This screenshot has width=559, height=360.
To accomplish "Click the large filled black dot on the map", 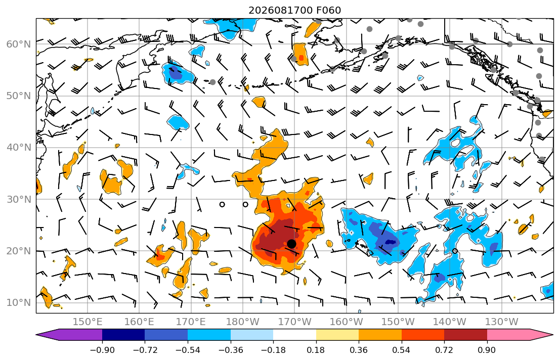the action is point(291,244).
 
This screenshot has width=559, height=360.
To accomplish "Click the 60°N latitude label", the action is point(19,44).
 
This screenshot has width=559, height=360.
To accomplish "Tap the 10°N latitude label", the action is point(19,303).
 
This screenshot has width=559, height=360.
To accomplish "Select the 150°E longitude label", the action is point(88,322).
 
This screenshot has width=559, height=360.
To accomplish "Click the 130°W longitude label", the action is point(502,322).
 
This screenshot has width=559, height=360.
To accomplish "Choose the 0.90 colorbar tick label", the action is point(487,350).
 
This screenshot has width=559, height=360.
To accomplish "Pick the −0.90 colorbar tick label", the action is point(102,350).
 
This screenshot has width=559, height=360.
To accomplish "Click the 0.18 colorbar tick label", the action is point(316,350).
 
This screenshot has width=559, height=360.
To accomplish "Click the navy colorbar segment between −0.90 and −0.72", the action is point(123,335).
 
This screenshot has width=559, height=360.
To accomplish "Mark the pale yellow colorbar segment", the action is point(337,335).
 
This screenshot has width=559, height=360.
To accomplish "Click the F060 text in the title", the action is point(329,10).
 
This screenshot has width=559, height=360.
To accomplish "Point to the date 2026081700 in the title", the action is point(281,10).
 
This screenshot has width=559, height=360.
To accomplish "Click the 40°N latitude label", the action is point(19,148).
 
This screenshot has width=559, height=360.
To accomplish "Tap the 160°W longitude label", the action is point(346,322).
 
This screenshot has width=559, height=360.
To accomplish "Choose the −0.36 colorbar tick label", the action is point(231,350).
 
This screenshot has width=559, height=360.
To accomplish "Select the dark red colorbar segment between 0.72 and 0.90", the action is point(465,335).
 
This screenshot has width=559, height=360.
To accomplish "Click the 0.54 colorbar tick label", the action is point(402,350).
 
